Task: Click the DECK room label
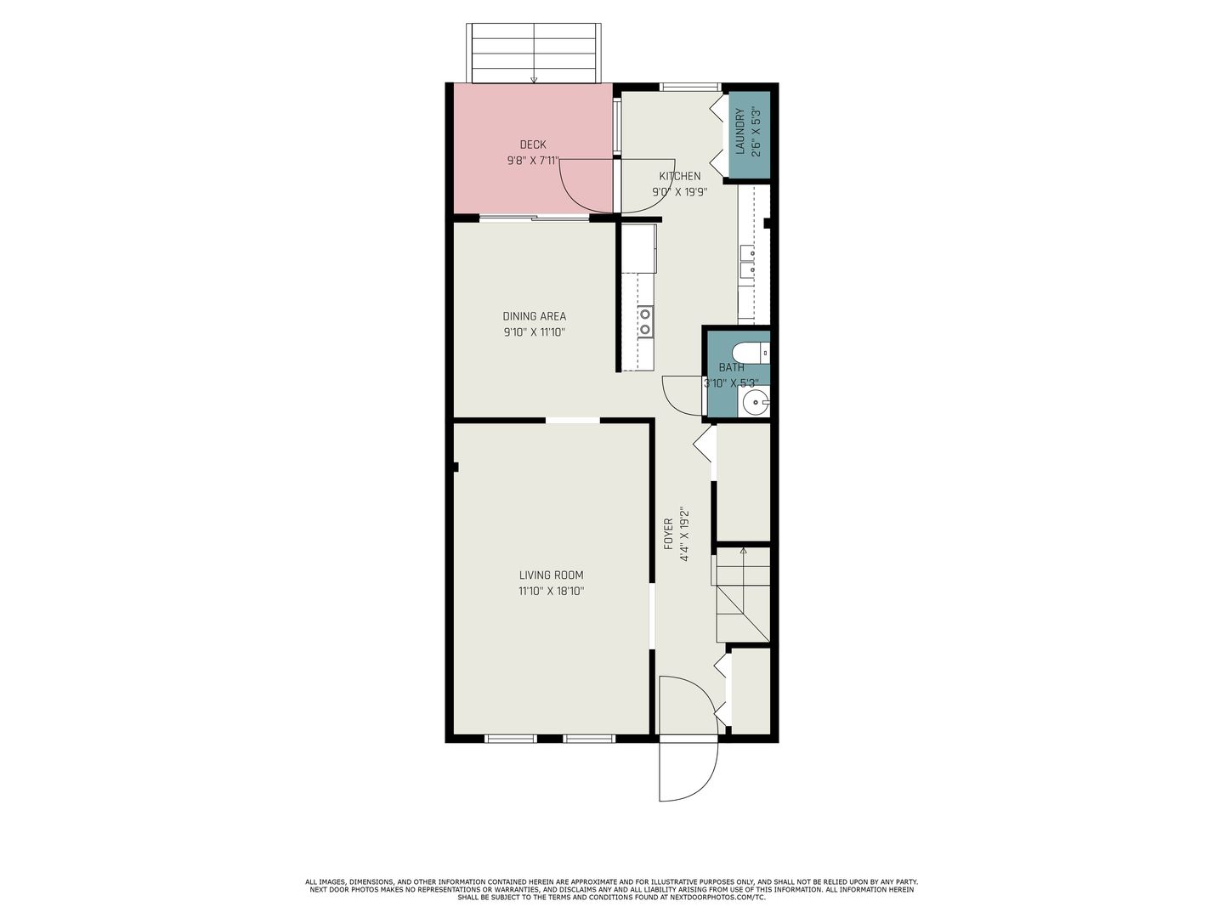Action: click(533, 144)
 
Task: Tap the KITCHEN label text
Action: click(680, 176)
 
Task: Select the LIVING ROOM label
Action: click(551, 575)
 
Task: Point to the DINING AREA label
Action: click(534, 316)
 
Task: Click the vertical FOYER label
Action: click(669, 534)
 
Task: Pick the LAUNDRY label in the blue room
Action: click(739, 131)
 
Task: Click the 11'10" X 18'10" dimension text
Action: click(551, 591)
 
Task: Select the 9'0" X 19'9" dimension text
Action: click(680, 192)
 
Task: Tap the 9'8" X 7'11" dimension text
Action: click(533, 161)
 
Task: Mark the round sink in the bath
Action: click(756, 401)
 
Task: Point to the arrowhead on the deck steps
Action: click(534, 80)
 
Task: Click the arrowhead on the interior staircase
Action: click(743, 551)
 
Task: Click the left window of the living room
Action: click(510, 739)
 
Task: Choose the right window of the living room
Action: click(589, 739)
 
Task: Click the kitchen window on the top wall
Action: click(690, 87)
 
